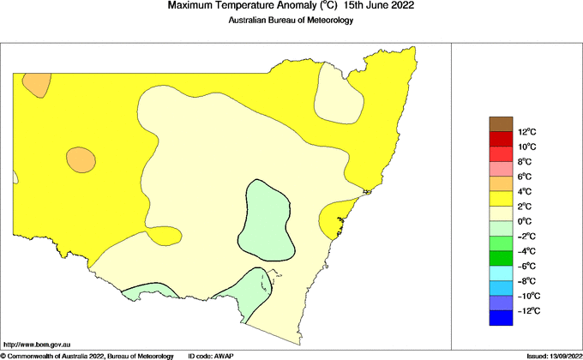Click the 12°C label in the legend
[526, 132]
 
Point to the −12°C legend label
[528, 310]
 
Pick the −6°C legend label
[527, 266]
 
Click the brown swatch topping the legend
[500, 124]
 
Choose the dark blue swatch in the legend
[500, 318]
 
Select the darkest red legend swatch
[500, 139]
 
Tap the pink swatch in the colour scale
[500, 169]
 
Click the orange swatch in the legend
[500, 183]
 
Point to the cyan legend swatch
[500, 273]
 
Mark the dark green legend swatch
[500, 258]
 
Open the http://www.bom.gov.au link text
[37, 344]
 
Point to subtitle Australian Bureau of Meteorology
[291, 21]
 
